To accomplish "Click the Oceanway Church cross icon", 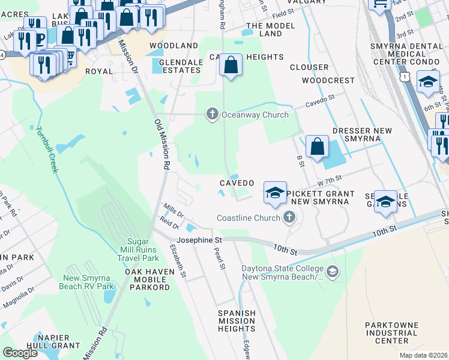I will [212, 114].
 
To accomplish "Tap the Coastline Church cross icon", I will [289, 218].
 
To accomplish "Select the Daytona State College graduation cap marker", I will [333, 272].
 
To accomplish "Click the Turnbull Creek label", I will [46, 150].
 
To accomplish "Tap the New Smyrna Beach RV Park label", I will [89, 282].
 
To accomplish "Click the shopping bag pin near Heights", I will [231, 65].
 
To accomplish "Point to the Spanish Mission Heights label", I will [237, 321].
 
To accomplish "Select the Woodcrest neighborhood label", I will [328, 80].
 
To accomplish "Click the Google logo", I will [20, 353].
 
